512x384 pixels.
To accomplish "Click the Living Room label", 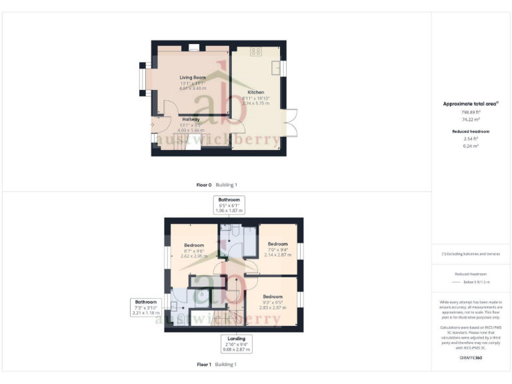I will click(193, 77).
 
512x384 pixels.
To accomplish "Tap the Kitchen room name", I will click(255, 92).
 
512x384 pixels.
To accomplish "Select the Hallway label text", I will click(191, 119).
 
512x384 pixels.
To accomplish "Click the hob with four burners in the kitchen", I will click(255, 51).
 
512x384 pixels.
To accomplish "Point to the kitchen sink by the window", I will click(275, 68).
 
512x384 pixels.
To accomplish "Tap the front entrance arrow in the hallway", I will click(153, 124).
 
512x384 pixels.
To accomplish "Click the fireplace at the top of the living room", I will click(193, 47).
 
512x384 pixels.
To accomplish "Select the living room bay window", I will click(143, 78).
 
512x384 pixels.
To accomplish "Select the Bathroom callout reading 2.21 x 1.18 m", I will click(147, 307).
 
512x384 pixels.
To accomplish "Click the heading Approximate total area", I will click(471, 103).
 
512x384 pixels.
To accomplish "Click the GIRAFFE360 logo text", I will click(471, 358).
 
